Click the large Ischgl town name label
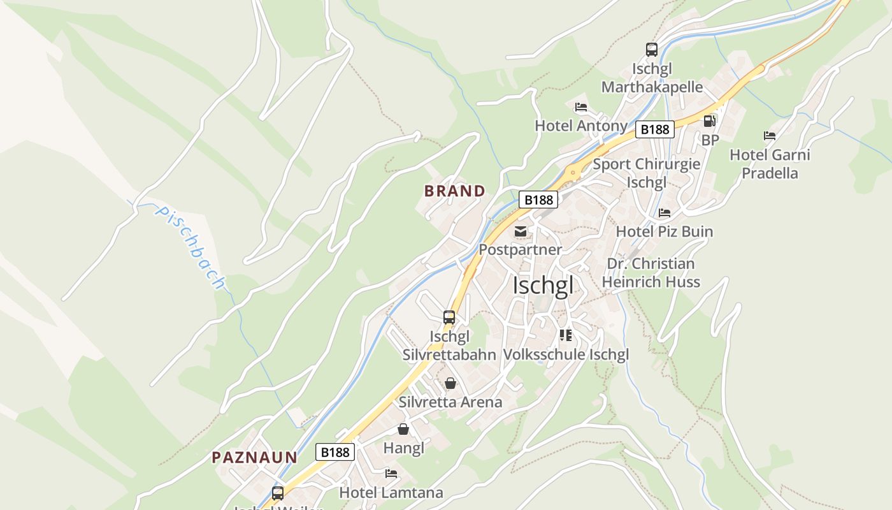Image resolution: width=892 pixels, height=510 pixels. click(x=543, y=286)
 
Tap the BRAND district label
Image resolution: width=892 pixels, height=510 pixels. click(x=455, y=191)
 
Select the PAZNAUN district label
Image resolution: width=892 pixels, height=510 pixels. click(x=255, y=457)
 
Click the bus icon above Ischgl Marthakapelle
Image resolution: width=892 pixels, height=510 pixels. click(x=651, y=49)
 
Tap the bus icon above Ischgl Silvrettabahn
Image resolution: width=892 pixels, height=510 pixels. click(x=449, y=317)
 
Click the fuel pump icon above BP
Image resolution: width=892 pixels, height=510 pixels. click(x=709, y=120)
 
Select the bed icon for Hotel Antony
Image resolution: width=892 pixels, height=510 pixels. click(x=580, y=107)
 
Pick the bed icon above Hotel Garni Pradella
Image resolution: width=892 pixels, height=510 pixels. click(x=770, y=136)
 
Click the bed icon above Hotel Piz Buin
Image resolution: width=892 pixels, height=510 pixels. click(x=665, y=213)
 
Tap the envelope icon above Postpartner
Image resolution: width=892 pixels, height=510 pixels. click(x=521, y=231)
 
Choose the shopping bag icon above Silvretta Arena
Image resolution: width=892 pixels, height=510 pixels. click(x=450, y=383)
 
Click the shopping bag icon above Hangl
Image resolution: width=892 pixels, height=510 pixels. click(x=403, y=429)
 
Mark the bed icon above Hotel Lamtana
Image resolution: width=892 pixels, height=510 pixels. click(x=391, y=474)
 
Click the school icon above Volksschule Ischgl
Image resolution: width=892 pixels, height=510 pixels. click(x=566, y=335)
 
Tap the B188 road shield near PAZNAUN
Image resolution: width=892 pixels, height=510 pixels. click(x=335, y=452)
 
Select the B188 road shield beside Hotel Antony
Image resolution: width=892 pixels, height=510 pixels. click(x=654, y=129)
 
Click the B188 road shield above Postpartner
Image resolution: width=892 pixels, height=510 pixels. click(x=538, y=200)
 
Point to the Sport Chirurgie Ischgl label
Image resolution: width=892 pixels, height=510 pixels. click(x=646, y=173)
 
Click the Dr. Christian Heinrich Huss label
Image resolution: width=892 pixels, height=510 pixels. click(x=651, y=273)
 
